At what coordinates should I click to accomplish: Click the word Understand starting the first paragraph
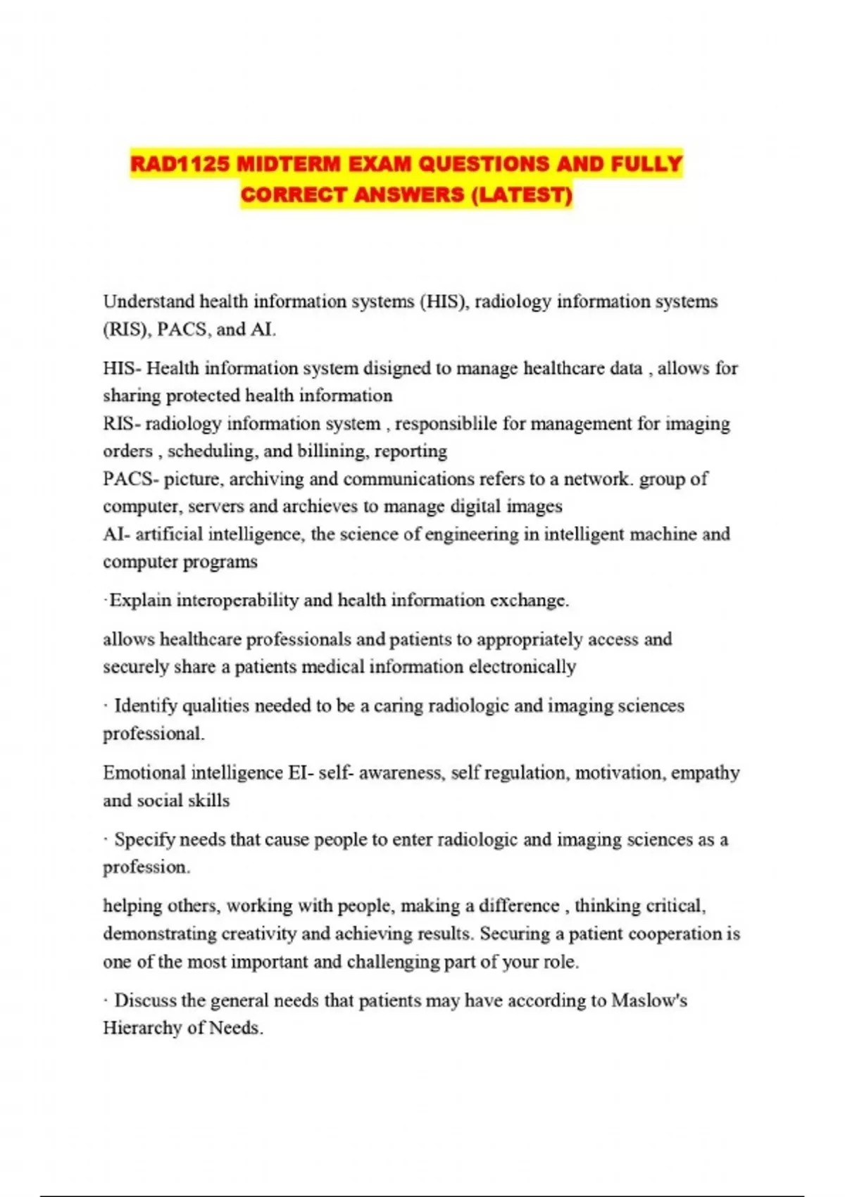pyautogui.click(x=149, y=301)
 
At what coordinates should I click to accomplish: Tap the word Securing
pyautogui.click(x=515, y=934)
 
